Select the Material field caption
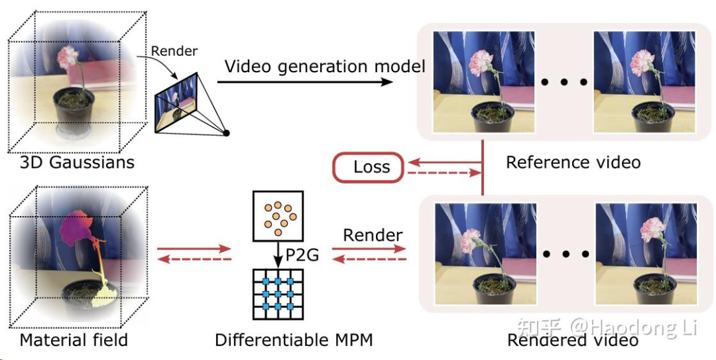[x=74, y=340]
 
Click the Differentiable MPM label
[x=294, y=340]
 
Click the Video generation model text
[x=325, y=66]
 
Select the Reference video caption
[x=573, y=162]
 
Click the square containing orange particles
[x=278, y=215]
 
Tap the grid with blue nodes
[x=278, y=292]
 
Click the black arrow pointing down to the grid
[x=278, y=255]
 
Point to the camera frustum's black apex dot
[x=226, y=133]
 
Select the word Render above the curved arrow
[x=174, y=51]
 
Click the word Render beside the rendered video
[x=373, y=235]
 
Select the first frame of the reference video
[x=475, y=82]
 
